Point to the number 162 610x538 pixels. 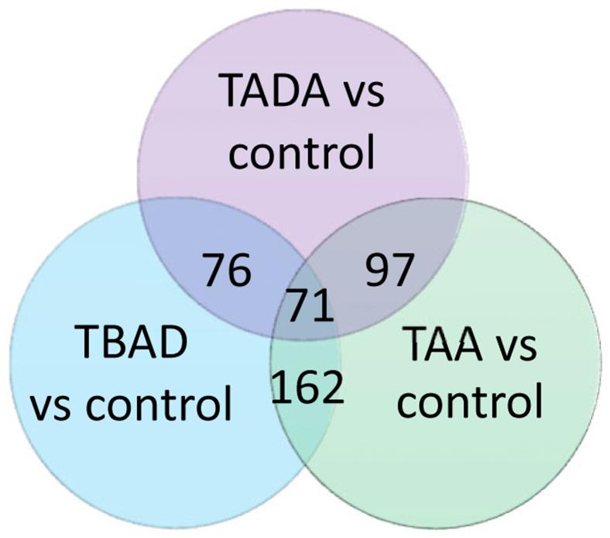coord(307,387)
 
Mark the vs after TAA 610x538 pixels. coord(516,350)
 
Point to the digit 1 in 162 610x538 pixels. coord(281,387)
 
